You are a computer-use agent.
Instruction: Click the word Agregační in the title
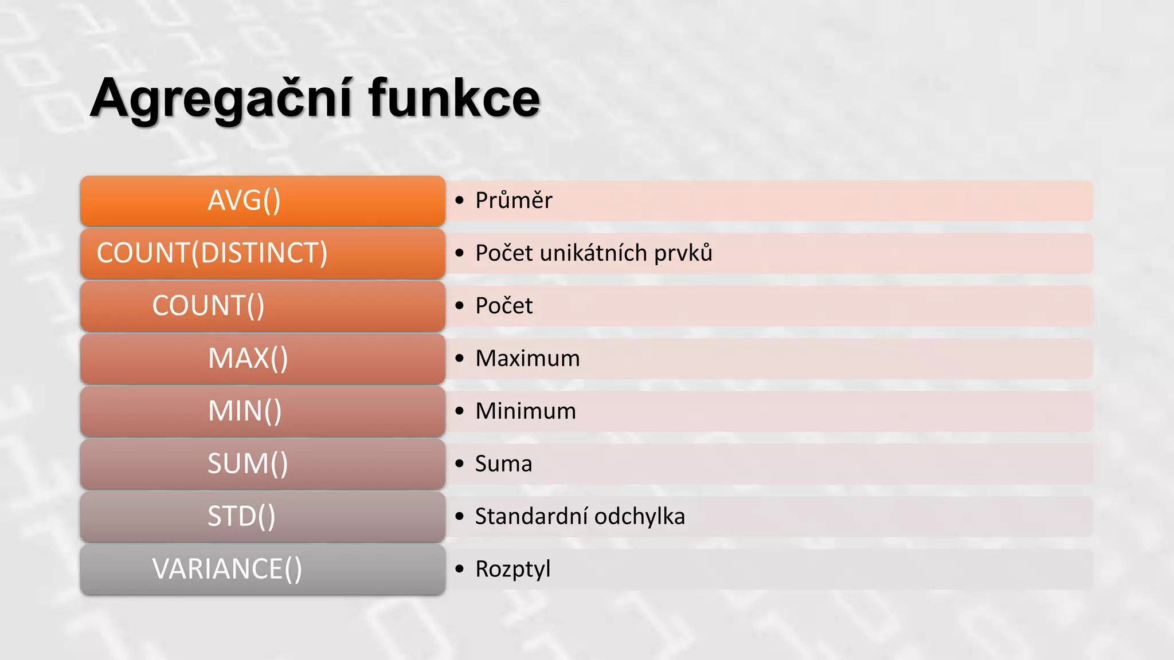pyautogui.click(x=221, y=99)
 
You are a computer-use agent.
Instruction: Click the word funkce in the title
pyautogui.click(x=454, y=99)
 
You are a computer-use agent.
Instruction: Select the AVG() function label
pyautogui.click(x=244, y=201)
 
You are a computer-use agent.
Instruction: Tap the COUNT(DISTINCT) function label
pyautogui.click(x=212, y=253)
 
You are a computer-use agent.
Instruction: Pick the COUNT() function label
pyautogui.click(x=208, y=306)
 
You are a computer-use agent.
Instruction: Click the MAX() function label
pyautogui.click(x=248, y=359)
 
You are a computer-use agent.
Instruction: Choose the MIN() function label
pyautogui.click(x=245, y=411)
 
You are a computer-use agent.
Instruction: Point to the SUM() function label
pyautogui.click(x=248, y=464)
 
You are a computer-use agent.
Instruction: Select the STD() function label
pyautogui.click(x=241, y=517)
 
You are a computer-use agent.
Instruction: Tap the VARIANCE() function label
pyautogui.click(x=227, y=569)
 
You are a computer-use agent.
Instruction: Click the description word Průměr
pyautogui.click(x=514, y=201)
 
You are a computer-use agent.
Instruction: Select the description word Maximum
pyautogui.click(x=527, y=359)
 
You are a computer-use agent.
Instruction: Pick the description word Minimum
pyautogui.click(x=526, y=411)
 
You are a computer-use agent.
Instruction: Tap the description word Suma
pyautogui.click(x=503, y=464)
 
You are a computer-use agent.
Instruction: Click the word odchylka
pyautogui.click(x=640, y=517)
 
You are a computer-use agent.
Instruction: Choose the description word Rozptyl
pyautogui.click(x=512, y=569)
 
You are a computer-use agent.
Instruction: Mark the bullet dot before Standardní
pyautogui.click(x=459, y=517)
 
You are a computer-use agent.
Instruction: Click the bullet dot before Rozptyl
pyautogui.click(x=459, y=569)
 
